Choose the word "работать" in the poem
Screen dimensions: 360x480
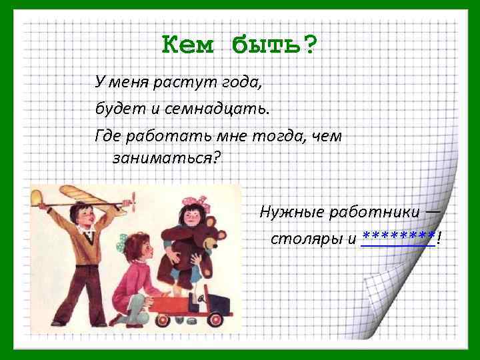[166, 135]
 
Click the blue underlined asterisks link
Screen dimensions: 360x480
[398, 237]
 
